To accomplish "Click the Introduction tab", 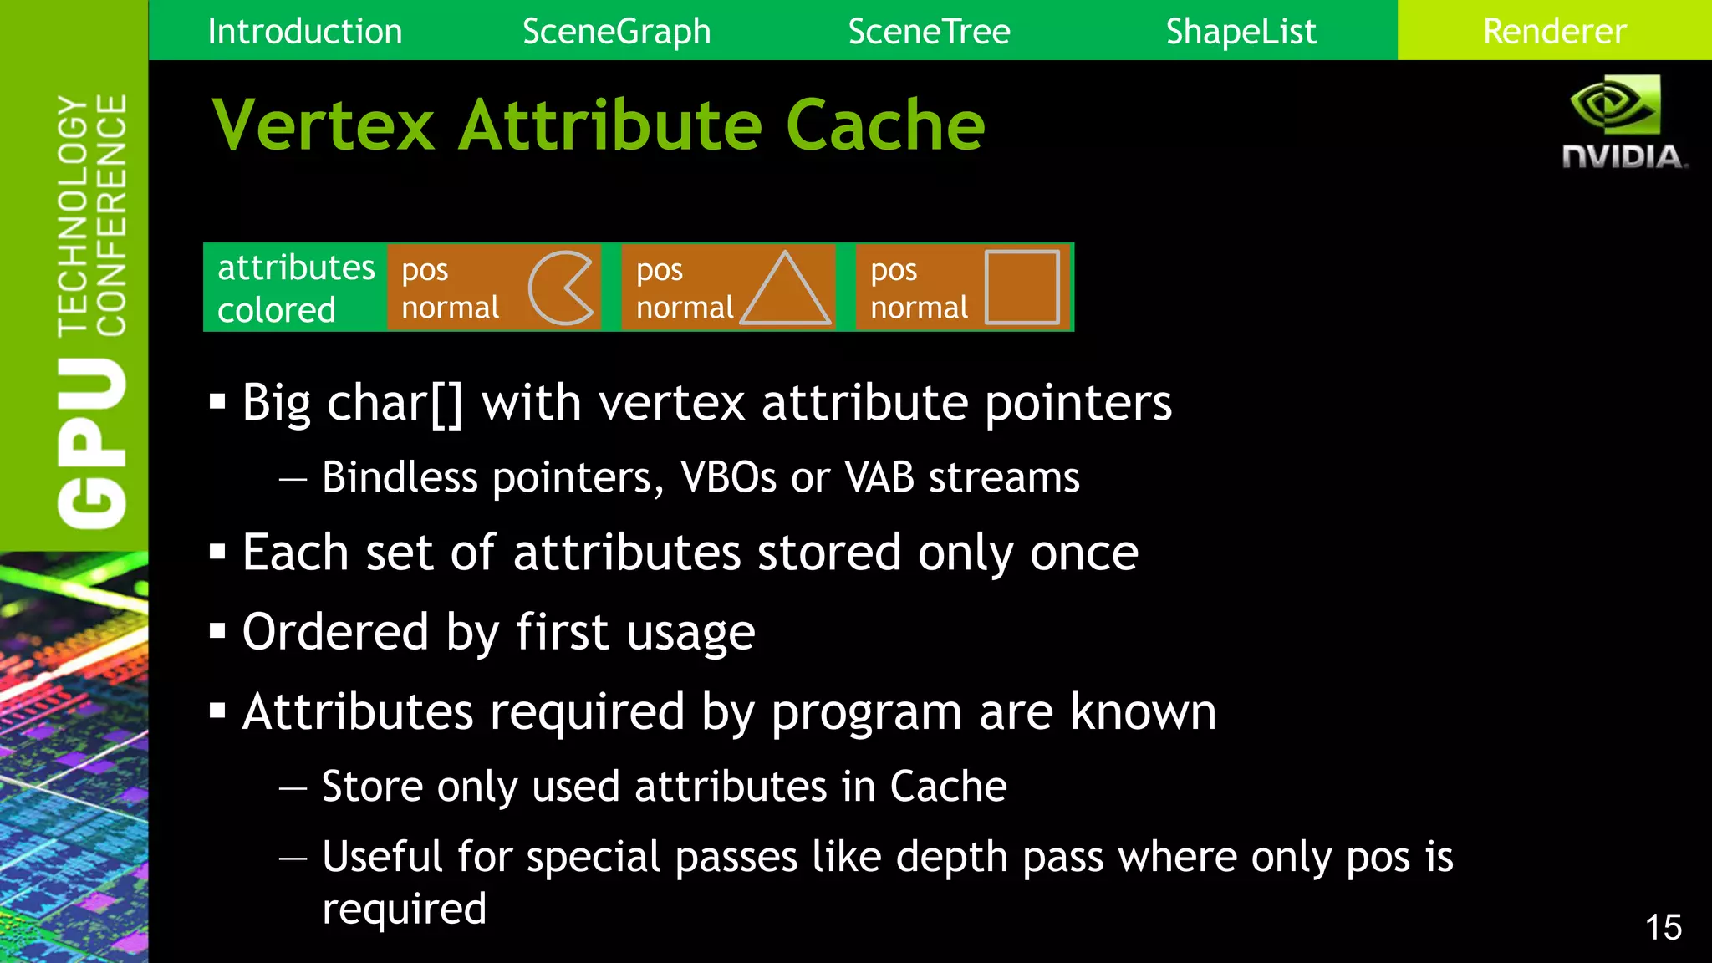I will click(x=304, y=32).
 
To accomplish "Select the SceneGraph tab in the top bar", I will click(x=616, y=32).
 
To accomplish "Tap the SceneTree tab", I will click(x=929, y=32).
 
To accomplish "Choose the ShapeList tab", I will click(x=1241, y=32).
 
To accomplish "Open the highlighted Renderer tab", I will click(x=1554, y=32).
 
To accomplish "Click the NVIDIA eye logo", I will click(x=1615, y=104).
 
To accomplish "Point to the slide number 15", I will click(x=1663, y=927).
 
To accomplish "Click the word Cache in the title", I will click(x=885, y=125).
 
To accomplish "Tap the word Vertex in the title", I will click(x=324, y=125).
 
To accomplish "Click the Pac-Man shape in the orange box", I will click(x=561, y=288).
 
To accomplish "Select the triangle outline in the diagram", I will click(x=785, y=289).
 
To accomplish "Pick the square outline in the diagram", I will click(x=1022, y=287).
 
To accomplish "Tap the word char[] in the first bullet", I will click(x=395, y=404).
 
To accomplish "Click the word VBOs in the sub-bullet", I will click(x=728, y=478).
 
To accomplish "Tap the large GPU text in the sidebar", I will click(x=92, y=442).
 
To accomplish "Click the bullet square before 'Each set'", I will click(x=218, y=553).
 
